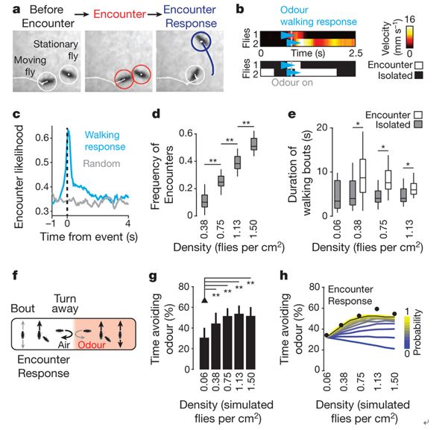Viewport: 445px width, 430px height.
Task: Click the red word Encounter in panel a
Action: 119,14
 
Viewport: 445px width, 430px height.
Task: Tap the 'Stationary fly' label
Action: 56,50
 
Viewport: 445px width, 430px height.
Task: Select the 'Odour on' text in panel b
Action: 292,83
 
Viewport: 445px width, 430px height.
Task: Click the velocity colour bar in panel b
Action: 409,37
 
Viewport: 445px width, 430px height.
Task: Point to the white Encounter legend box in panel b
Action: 418,66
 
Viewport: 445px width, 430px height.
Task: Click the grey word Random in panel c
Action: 101,164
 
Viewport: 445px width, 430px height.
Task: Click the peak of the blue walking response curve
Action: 69,130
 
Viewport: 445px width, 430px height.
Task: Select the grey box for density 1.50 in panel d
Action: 254,144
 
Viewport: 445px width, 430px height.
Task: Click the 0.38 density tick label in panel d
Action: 204,230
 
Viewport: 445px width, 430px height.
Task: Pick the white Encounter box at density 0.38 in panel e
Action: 363,176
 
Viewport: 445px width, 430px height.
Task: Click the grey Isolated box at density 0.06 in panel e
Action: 337,195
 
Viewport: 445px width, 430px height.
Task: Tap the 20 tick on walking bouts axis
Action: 322,127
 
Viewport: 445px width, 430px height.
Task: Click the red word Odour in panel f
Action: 92,345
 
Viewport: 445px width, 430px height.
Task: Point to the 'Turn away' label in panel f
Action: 65,303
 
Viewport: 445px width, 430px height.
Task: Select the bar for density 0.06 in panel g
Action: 204,353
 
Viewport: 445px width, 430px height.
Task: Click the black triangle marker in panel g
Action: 204,300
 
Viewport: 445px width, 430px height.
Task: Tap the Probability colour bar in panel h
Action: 407,332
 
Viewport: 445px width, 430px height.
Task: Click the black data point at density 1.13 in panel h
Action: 377,309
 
